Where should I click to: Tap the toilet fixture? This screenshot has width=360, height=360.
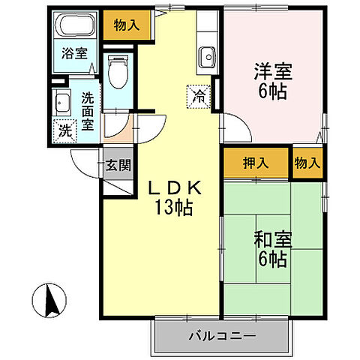tap(118, 71)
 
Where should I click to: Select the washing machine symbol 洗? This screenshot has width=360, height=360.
tap(65, 128)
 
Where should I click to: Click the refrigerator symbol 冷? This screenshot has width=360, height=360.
tap(199, 95)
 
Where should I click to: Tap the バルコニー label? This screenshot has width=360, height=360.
tap(221, 335)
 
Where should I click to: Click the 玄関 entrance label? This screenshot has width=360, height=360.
tap(115, 166)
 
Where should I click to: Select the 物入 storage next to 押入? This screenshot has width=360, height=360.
tap(307, 163)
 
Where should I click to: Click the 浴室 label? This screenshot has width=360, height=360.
tap(73, 53)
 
